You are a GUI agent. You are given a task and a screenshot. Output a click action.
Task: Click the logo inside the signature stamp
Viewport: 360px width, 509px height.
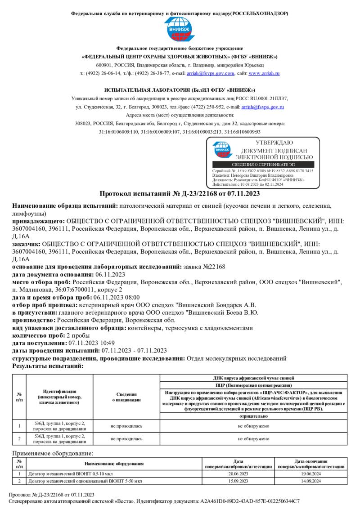tap(221, 150)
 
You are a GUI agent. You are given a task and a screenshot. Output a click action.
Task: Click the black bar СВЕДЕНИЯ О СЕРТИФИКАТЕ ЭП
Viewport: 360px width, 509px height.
tap(263, 165)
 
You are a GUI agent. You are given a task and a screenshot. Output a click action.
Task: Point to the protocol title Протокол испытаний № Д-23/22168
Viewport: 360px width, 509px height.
tap(180, 194)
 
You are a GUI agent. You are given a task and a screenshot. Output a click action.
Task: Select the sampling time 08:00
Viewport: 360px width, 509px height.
tap(132, 297)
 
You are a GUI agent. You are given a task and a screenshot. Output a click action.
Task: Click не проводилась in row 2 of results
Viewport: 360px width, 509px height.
tap(126, 438)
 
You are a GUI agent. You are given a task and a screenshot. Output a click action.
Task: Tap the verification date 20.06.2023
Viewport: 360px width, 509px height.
tap(238, 473)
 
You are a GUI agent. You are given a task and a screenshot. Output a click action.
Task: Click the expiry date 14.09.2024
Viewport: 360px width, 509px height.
tap(311, 481)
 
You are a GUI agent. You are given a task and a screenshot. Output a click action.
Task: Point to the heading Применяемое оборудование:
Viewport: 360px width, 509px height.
tap(53, 453)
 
